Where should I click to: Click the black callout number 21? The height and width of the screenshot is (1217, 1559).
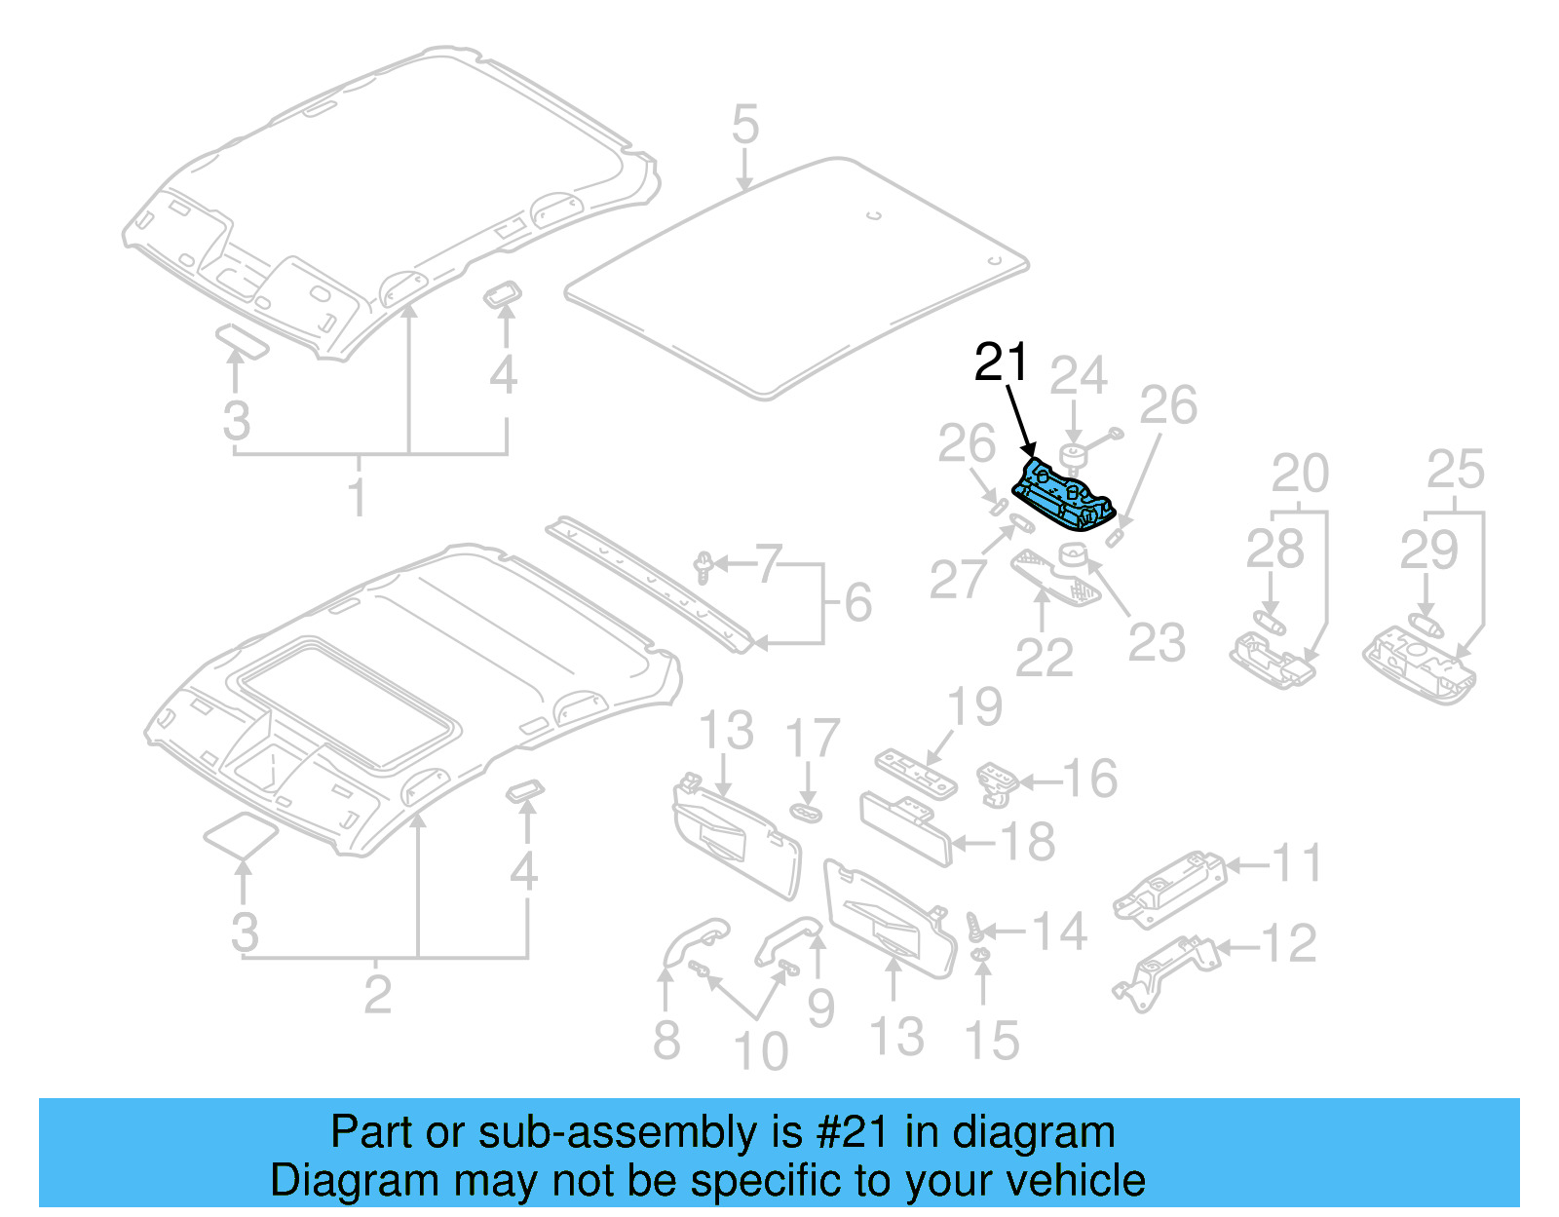(1001, 362)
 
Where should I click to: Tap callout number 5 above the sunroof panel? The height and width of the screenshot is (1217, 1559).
(744, 126)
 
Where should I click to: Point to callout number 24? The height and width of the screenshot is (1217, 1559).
(1078, 375)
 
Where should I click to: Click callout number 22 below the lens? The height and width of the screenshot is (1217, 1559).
(1044, 658)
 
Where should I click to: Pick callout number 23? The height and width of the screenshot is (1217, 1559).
(1157, 643)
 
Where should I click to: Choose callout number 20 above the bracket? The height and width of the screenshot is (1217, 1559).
(1300, 474)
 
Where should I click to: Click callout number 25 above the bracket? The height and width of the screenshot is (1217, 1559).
(1455, 470)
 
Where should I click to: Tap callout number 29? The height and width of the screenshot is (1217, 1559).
(1428, 551)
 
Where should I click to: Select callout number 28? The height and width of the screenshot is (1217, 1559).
(1274, 550)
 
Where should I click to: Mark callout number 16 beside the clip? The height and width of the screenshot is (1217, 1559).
(1089, 780)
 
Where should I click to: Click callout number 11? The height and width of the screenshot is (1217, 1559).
(1297, 863)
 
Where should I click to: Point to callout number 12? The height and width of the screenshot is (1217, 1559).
(1288, 943)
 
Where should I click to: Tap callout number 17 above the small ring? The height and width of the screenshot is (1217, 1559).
(812, 739)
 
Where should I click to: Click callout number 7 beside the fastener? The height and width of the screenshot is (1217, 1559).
(769, 564)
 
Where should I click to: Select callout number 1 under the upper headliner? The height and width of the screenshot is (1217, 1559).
(358, 496)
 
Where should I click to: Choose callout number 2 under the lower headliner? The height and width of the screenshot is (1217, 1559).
(377, 994)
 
